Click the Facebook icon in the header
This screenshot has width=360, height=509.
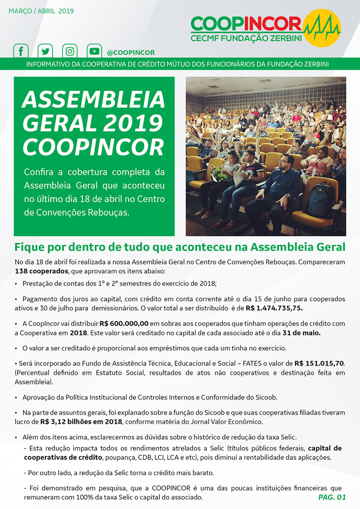pos(20,51)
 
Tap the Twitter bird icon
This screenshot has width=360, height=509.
pos(45,51)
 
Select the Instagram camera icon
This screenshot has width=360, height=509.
pos(69,51)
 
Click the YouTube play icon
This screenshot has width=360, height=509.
pos(94,51)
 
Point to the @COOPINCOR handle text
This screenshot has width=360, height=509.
pos(131,52)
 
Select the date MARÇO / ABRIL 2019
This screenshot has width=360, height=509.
pos(41,11)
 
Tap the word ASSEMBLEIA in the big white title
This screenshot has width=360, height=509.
pos(94,100)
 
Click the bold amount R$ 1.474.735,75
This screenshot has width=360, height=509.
pos(274,308)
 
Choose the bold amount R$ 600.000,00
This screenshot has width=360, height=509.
pos(124,324)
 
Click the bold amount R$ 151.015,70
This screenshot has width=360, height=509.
pos(319,363)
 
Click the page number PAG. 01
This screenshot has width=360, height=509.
pos(332,497)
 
